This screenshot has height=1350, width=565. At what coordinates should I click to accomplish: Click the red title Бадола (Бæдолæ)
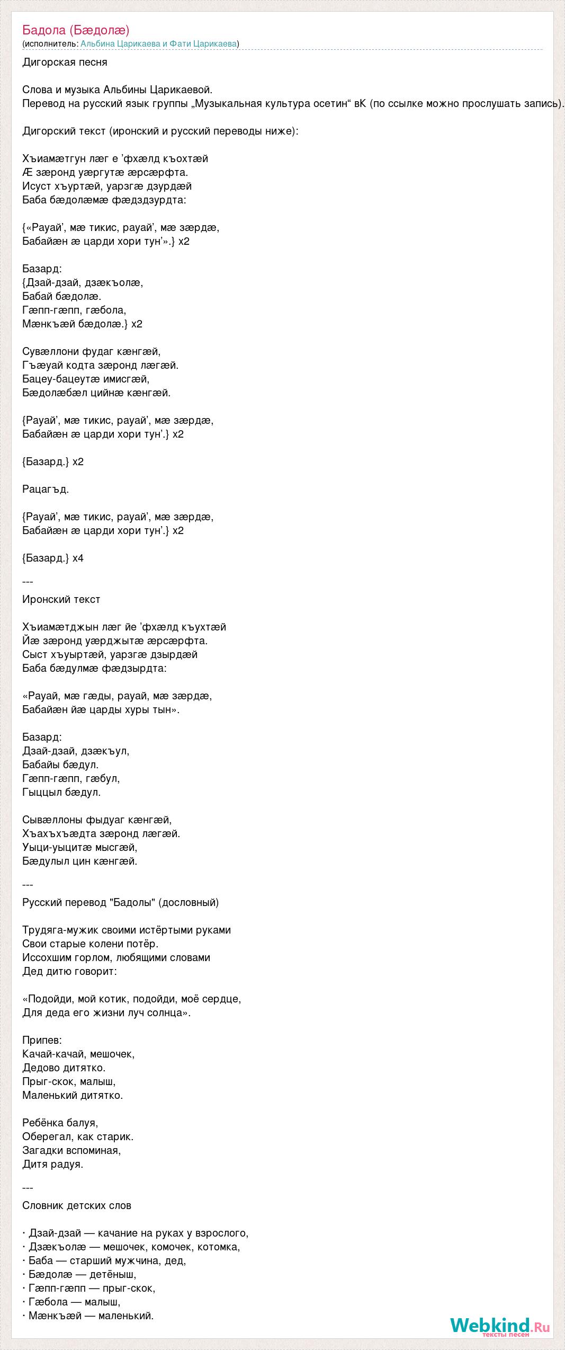tap(76, 30)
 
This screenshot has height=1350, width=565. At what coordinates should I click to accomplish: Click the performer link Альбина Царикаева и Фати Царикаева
tap(158, 44)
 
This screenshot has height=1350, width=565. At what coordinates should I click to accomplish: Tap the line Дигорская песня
tap(65, 62)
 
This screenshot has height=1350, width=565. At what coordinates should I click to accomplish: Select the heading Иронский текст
tap(61, 599)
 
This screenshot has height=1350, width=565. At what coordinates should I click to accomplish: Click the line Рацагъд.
tap(46, 489)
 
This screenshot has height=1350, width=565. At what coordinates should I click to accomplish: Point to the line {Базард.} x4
tap(53, 558)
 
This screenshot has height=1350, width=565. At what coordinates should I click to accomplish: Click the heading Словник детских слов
tap(77, 1205)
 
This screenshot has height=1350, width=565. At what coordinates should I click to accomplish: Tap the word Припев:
tap(42, 1040)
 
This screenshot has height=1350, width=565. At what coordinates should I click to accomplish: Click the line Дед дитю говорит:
tap(69, 971)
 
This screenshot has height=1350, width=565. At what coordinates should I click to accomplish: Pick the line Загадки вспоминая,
tap(71, 1150)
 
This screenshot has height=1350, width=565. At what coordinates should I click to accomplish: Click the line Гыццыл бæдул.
tap(61, 792)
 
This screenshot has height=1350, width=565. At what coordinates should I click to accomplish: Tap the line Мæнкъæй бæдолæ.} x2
tap(82, 324)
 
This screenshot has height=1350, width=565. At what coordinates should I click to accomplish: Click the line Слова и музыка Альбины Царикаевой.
tap(117, 90)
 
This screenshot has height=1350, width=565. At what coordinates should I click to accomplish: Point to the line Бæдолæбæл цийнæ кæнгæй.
tap(96, 393)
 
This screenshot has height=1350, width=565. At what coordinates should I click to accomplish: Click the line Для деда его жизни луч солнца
tap(106, 1012)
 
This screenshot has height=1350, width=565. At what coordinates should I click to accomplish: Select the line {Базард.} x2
tap(53, 461)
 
